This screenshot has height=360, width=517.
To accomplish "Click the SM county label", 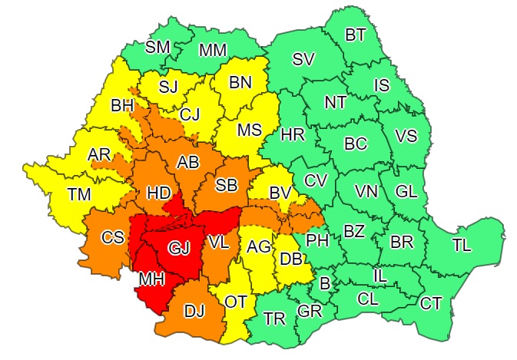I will (157, 47).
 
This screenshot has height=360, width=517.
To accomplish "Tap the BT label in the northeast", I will (355, 35).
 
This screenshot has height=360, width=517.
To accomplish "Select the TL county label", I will (462, 246).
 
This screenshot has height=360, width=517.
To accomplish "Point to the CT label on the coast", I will (430, 302).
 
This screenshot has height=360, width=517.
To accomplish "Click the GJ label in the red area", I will (178, 249).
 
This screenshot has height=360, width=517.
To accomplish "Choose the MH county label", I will (151, 281).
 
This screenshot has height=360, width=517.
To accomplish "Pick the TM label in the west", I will (78, 195).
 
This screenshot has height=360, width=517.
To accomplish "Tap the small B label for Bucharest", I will (324, 284).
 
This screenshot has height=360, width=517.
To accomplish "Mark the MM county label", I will (211, 51).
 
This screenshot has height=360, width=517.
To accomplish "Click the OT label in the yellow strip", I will (235, 302).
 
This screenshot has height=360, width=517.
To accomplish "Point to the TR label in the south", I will (274, 318).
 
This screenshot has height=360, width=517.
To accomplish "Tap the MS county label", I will (249, 130).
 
